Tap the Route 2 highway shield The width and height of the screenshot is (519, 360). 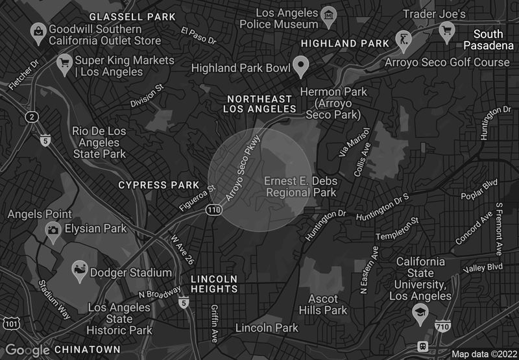coord(30,117)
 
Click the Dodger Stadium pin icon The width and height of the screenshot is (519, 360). coord(80,272)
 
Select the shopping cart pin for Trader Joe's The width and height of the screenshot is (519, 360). coord(446,29)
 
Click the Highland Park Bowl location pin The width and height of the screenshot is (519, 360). coord(300,65)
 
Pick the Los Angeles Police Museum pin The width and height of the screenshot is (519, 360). coord(330,16)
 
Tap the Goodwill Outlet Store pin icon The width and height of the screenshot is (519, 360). coord(38,30)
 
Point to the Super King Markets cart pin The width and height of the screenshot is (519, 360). coord(64,63)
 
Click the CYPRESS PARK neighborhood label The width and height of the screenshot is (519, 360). coord(159,185)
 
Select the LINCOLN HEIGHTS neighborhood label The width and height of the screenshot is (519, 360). coord(214,283)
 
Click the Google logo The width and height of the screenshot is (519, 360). coord(27,350)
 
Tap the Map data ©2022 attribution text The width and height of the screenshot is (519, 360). coord(483,354)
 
